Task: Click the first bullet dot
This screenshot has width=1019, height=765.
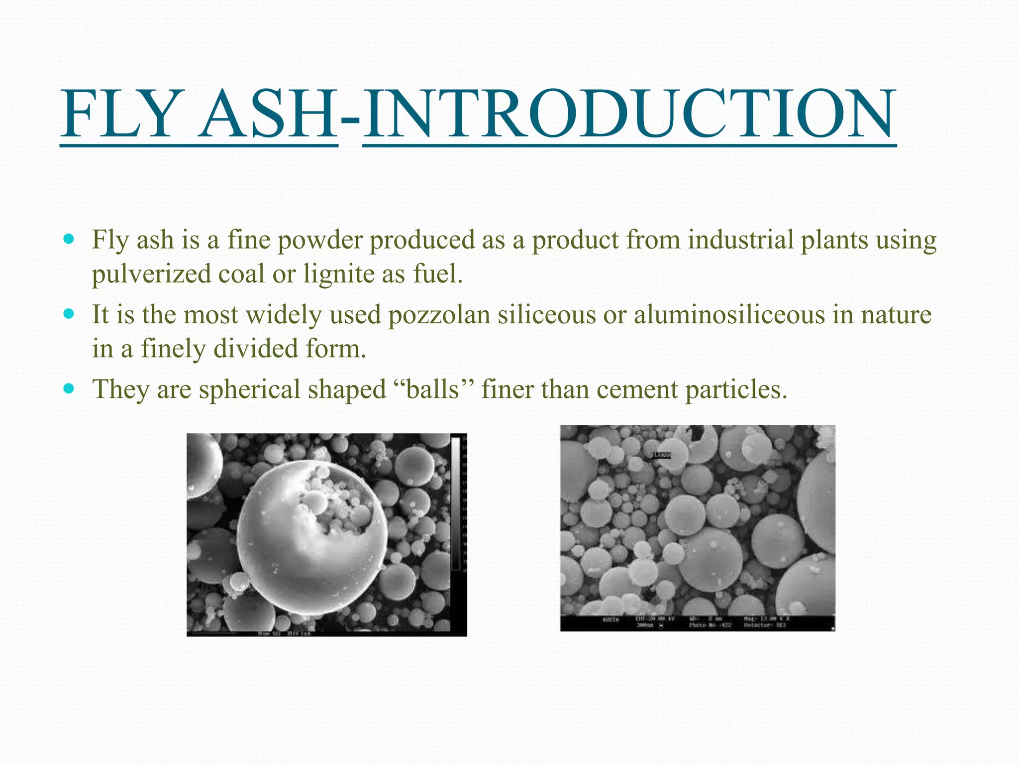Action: pos(69,239)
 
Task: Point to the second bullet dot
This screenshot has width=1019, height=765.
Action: pos(69,314)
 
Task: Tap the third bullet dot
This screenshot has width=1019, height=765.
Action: pos(69,388)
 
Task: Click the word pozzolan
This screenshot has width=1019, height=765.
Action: pos(439,315)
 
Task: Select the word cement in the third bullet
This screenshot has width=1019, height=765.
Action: pos(637,390)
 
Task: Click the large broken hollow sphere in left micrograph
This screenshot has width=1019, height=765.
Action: pos(311,533)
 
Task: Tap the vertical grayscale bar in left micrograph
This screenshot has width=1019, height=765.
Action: pos(455,503)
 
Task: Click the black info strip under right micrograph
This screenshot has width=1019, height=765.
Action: pos(697,623)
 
